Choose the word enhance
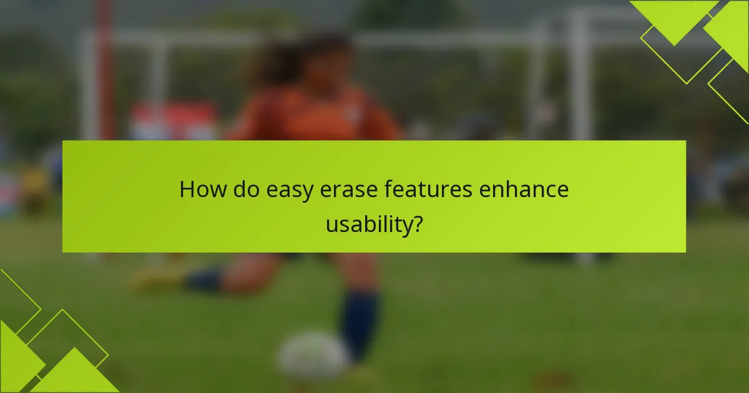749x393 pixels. [524, 190]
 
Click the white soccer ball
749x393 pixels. [312, 356]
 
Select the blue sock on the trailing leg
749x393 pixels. [205, 279]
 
